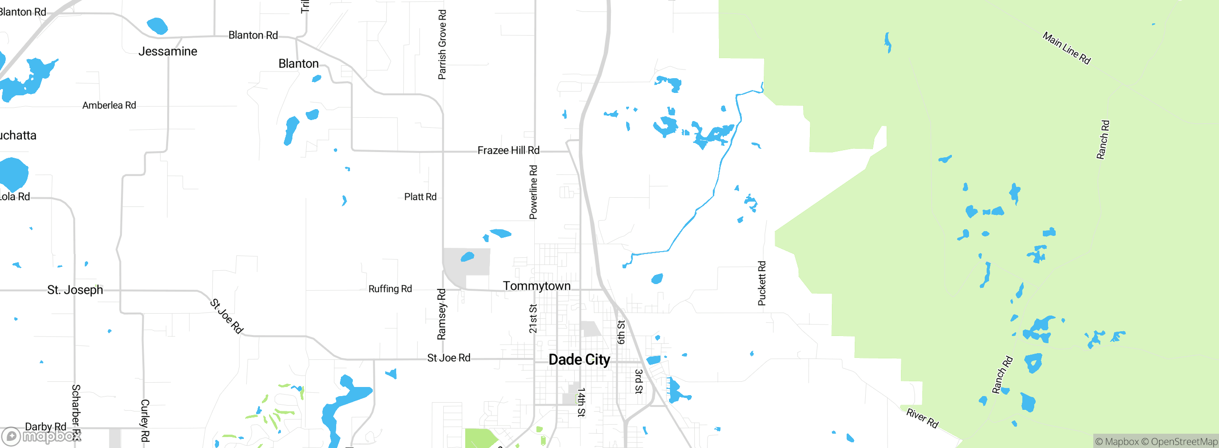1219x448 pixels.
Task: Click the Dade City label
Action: [579, 359]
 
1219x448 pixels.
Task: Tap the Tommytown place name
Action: [537, 286]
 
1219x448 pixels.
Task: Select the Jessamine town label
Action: [168, 51]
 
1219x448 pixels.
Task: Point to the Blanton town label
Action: [299, 64]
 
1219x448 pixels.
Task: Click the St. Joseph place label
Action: [75, 290]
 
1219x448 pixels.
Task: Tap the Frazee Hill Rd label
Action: [508, 151]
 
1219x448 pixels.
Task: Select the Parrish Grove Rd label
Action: [442, 44]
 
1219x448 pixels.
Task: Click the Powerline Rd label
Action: [533, 192]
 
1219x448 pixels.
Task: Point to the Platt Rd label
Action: [420, 197]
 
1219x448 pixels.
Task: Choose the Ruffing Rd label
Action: [390, 289]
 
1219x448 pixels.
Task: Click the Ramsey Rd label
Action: [441, 314]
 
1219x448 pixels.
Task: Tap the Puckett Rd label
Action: [762, 283]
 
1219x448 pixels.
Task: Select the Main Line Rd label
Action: [1066, 48]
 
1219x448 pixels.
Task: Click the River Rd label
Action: [922, 418]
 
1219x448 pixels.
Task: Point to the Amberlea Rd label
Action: [109, 105]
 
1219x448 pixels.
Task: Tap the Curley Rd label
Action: [145, 420]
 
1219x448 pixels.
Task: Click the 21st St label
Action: [533, 318]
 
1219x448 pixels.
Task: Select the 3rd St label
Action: [639, 381]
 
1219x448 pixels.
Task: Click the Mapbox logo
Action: [42, 436]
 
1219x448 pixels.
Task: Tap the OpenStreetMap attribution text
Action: [1184, 442]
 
